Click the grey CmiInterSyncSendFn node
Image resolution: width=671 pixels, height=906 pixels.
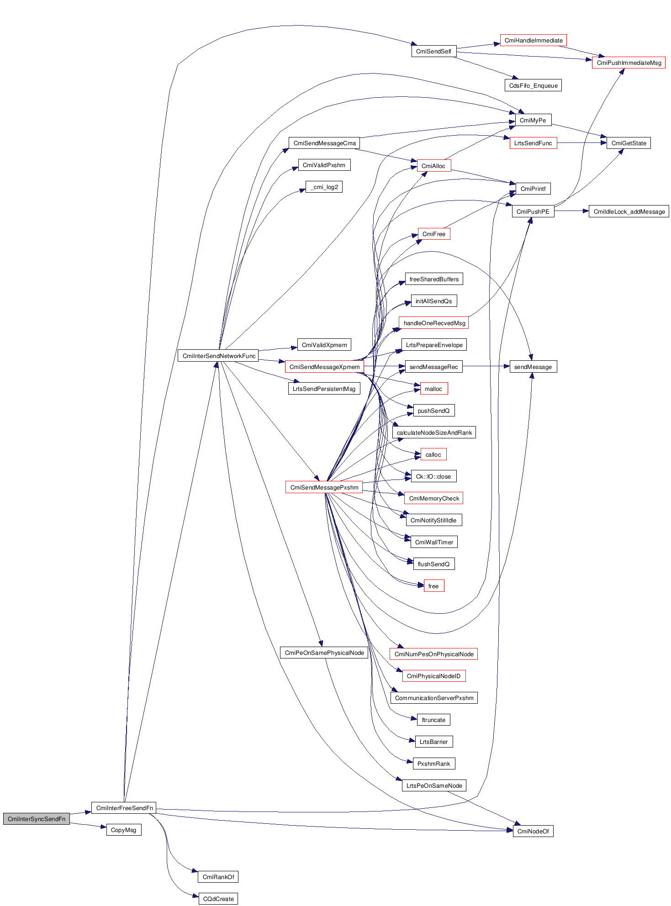tap(37, 819)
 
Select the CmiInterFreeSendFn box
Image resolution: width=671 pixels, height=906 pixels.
tap(124, 808)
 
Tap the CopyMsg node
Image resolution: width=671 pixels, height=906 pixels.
tap(123, 830)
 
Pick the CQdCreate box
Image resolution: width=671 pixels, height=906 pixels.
tap(218, 899)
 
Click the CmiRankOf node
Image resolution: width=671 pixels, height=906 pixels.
tap(218, 877)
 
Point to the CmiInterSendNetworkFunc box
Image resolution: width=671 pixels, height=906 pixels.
tap(218, 356)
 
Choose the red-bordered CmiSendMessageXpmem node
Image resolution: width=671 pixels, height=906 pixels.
tap(324, 367)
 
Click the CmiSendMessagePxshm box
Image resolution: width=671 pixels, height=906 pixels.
tap(324, 487)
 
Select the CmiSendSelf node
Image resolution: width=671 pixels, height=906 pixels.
tap(433, 51)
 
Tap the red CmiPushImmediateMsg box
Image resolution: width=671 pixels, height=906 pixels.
tap(629, 63)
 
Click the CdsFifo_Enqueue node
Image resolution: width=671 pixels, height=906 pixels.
tap(533, 85)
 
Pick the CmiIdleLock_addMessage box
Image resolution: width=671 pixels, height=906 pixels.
tap(629, 211)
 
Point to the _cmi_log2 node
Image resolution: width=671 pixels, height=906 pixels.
tap(324, 187)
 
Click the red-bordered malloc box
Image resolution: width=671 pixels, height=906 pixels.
tap(433, 389)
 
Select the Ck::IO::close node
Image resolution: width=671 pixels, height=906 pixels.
tap(433, 476)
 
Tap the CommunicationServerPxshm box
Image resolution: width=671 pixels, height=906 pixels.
tap(434, 698)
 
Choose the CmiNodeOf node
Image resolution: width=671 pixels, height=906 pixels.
tap(533, 831)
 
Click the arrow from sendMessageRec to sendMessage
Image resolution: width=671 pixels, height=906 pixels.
tap(486, 366)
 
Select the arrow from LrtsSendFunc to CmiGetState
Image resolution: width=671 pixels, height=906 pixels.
tap(582, 143)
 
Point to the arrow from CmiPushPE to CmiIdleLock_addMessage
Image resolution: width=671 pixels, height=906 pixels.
tap(571, 211)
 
